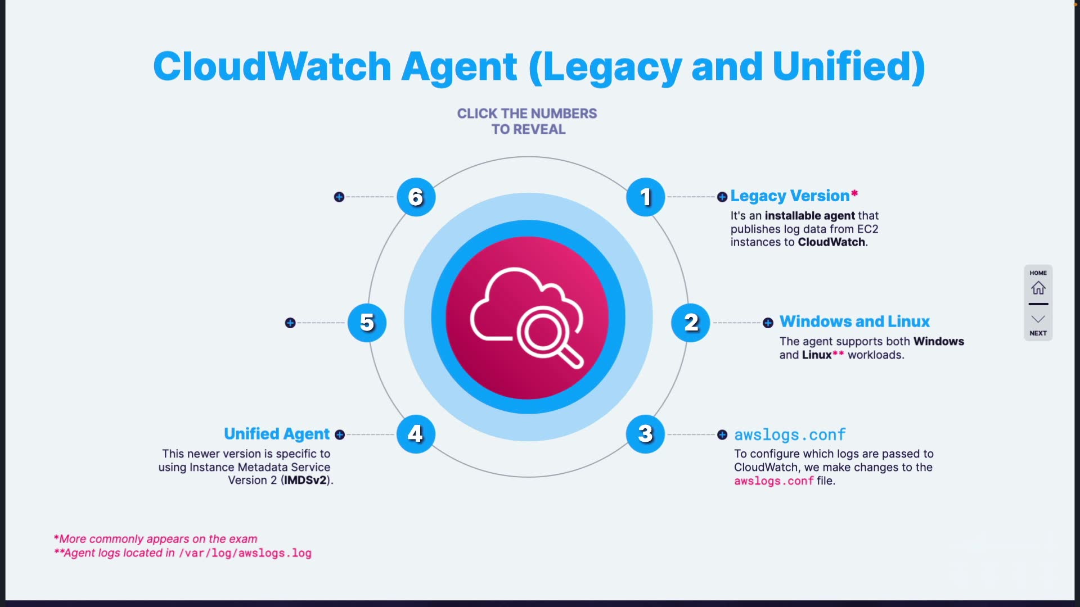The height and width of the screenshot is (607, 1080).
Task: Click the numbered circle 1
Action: coord(645,197)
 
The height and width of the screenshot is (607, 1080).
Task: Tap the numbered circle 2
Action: coord(690,323)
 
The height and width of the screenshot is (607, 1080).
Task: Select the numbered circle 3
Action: coord(645,434)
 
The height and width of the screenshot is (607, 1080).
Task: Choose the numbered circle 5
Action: coord(367,323)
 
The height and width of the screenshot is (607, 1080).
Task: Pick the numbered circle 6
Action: coord(416,197)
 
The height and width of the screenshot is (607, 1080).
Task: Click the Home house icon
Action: coord(1038,288)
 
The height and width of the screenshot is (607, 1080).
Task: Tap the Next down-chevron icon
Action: coord(1038,319)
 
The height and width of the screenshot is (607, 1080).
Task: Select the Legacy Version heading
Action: coord(789,196)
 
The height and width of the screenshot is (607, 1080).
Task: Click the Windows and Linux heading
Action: coord(854,321)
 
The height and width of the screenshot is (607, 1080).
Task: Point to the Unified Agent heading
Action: coord(277,434)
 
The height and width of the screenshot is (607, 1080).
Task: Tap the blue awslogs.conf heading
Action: coord(789,435)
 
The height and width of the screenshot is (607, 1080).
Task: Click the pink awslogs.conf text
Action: coord(773,481)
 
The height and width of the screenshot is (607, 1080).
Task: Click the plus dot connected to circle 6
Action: coord(339,197)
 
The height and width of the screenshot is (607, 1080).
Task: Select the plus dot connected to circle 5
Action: coord(290,323)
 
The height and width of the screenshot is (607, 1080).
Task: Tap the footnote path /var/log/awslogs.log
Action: coord(245,553)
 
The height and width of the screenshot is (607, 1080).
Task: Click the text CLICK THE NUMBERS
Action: coord(526,114)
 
